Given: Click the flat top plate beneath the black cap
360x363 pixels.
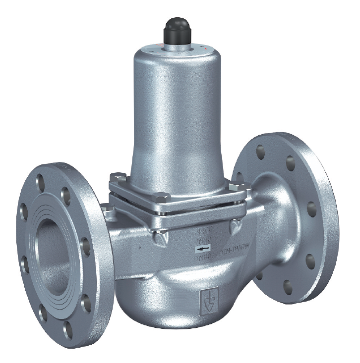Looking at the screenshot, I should point(177,50).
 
